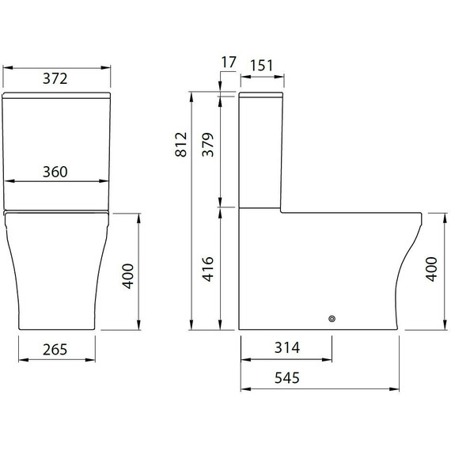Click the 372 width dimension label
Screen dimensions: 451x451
pos(55,78)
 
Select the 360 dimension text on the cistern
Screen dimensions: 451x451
pos(55,172)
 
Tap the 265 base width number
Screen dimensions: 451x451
pos(55,349)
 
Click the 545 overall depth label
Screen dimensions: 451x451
pos(286,379)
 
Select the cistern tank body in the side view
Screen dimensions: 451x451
pos(260,150)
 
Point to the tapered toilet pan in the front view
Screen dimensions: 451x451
pos(55,273)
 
